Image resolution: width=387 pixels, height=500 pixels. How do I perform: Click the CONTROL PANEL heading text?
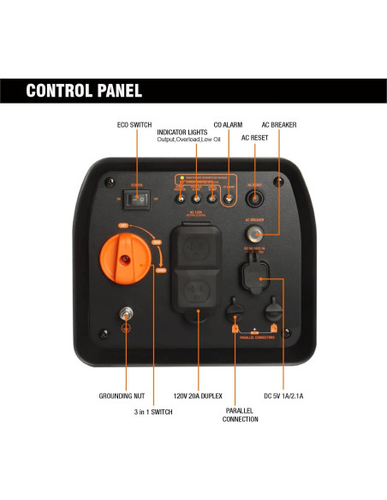click(x=84, y=91)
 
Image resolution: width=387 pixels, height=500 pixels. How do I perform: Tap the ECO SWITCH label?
click(x=134, y=125)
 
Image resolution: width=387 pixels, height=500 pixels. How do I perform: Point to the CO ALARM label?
click(x=228, y=125)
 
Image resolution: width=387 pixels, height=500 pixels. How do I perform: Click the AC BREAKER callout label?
click(x=278, y=125)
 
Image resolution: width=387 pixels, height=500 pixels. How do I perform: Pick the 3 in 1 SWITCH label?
click(x=152, y=413)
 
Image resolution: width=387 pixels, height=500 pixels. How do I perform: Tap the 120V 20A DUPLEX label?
click(x=199, y=397)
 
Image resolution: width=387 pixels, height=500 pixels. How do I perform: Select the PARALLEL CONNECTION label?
click(x=241, y=415)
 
